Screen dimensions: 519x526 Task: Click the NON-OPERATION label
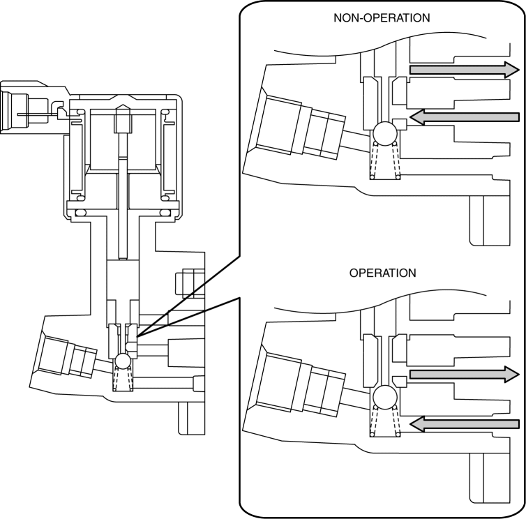point(381,17)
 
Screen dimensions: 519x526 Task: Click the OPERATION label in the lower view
point(382,273)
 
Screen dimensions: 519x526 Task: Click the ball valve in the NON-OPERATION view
point(384,133)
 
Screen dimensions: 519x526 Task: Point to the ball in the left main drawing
point(123,361)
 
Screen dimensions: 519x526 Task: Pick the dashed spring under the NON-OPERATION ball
point(384,162)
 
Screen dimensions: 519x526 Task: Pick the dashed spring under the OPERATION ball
point(384,423)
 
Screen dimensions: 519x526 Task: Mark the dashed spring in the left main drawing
point(123,379)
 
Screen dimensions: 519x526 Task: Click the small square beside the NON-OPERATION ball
point(400,123)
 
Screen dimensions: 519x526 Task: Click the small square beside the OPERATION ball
point(400,380)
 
